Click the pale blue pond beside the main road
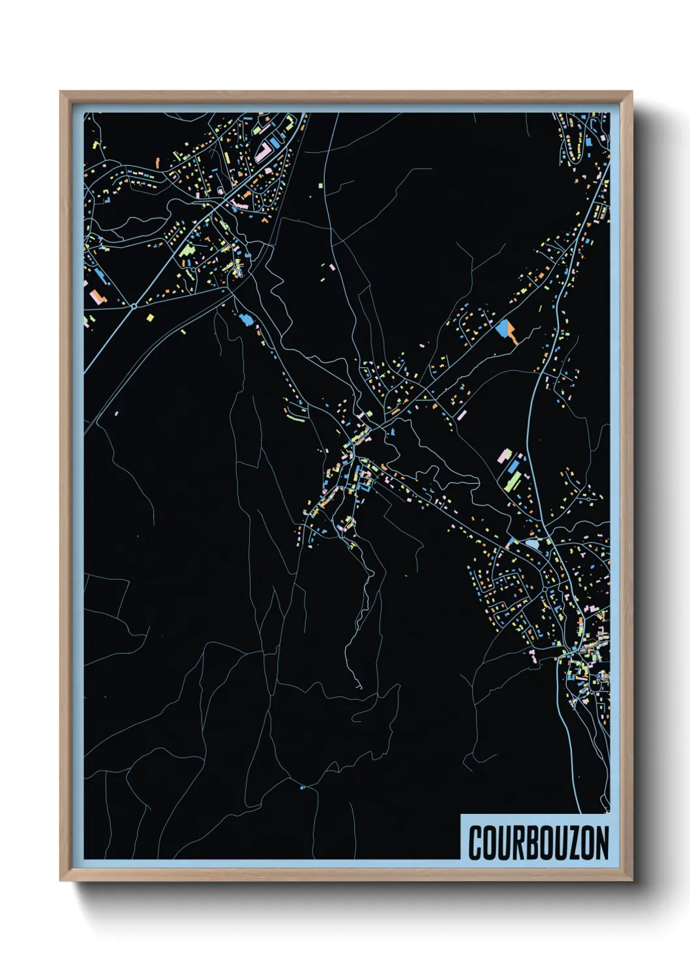[533, 543]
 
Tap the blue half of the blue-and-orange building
[502, 328]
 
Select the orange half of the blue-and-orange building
[513, 335]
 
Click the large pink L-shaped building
[263, 152]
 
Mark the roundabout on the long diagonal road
[134, 305]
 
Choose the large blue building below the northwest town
[245, 319]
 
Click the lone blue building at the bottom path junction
[301, 788]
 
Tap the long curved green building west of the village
[295, 413]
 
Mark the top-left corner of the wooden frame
[61, 93]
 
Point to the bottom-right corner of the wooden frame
[631, 880]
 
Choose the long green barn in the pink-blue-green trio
[513, 482]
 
